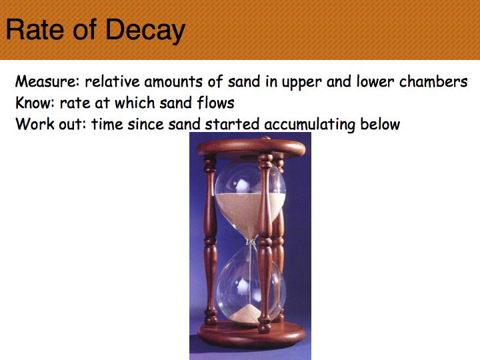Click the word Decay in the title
coord(145,30)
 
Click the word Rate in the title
coord(35,29)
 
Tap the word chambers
coord(433,81)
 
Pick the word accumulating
coord(310,124)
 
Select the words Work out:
coord(51,124)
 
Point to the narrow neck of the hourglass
coord(251,242)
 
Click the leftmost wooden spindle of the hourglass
coord(210,240)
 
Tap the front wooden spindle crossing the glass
coord(265,243)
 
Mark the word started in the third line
coord(232,124)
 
